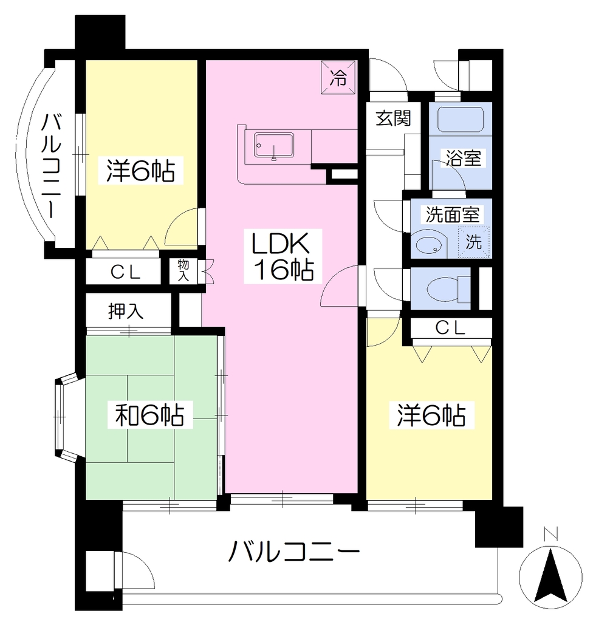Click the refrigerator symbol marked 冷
[x=338, y=77]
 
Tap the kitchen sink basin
[x=274, y=146]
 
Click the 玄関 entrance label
[x=393, y=118]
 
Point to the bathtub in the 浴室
[x=460, y=118]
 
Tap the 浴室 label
[x=464, y=158]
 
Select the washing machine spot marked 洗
[x=474, y=242]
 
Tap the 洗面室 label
[x=453, y=214]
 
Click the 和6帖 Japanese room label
[x=149, y=415]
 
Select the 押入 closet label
[x=126, y=312]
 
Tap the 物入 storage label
[x=183, y=270]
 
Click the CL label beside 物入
[x=125, y=272]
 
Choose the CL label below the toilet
[x=450, y=327]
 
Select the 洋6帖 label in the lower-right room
[x=431, y=415]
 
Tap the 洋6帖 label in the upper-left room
[x=140, y=170]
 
